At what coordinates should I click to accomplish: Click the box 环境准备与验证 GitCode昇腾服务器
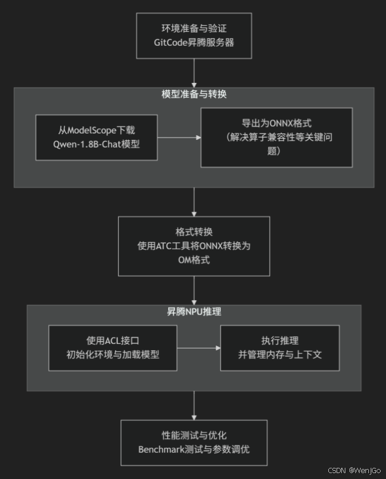click(194, 35)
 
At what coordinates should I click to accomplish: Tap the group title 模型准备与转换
click(194, 95)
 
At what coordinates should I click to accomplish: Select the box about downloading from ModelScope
click(96, 138)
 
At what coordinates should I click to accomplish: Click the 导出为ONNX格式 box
click(277, 138)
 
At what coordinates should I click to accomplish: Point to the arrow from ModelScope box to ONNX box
click(179, 138)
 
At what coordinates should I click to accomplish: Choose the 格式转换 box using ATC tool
click(194, 246)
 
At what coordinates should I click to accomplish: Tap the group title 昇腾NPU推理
click(194, 312)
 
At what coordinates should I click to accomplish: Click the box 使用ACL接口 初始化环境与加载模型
click(112, 348)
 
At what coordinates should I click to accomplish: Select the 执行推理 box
click(279, 348)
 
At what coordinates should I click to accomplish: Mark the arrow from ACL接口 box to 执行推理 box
click(198, 348)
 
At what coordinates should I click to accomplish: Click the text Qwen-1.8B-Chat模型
click(96, 144)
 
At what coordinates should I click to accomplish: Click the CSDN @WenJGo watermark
click(354, 471)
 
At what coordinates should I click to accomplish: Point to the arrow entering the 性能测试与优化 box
click(194, 405)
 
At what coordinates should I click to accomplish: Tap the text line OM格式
click(194, 260)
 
